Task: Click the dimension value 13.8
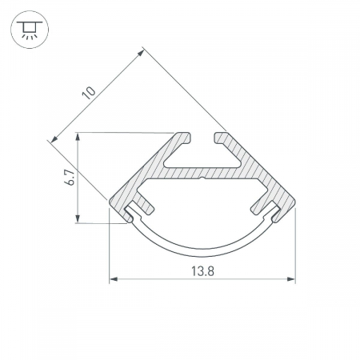(x=202, y=271)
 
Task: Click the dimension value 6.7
(x=70, y=178)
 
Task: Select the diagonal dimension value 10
(x=89, y=93)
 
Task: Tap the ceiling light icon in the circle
(x=30, y=30)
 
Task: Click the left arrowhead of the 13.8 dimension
(x=114, y=279)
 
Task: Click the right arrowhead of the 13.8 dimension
(x=291, y=279)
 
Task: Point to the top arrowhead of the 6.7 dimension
(x=78, y=137)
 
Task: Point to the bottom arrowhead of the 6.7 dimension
(x=78, y=218)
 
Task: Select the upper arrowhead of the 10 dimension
(x=141, y=54)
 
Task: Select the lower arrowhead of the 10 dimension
(x=54, y=138)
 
